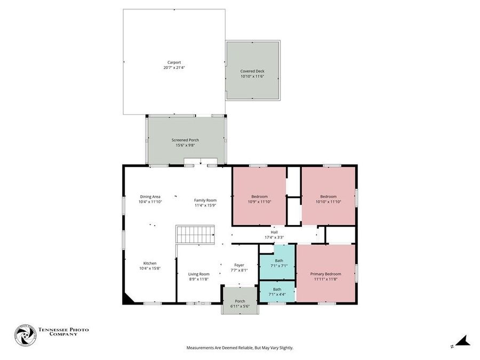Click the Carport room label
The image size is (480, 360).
[174, 62]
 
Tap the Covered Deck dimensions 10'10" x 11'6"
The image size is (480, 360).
[252, 76]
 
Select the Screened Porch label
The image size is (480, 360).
[185, 140]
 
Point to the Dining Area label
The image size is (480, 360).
[149, 196]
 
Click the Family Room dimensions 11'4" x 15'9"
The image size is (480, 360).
[205, 205]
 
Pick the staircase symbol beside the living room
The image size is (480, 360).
[195, 234]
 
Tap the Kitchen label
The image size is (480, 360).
[149, 263]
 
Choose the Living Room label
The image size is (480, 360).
[198, 274]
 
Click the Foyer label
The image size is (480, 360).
[239, 265]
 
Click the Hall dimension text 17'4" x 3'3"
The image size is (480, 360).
[274, 237]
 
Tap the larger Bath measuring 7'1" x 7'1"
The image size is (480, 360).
[278, 262]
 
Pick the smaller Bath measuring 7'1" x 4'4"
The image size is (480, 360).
[277, 291]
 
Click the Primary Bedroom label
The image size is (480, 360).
[325, 274]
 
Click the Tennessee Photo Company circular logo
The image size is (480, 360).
[24, 335]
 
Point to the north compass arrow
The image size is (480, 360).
[462, 340]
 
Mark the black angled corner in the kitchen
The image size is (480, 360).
[128, 299]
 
